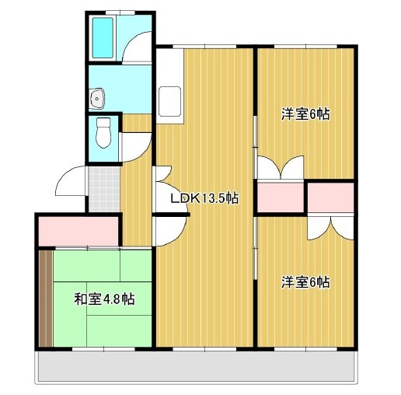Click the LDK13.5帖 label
pos(204,197)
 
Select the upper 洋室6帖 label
pos(305,114)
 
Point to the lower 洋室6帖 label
pos(305,281)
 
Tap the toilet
pos(103,133)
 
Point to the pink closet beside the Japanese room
pos(78,232)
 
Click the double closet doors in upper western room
pos(279,168)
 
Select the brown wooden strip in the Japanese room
pos(46,298)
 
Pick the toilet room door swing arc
pos(138,146)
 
